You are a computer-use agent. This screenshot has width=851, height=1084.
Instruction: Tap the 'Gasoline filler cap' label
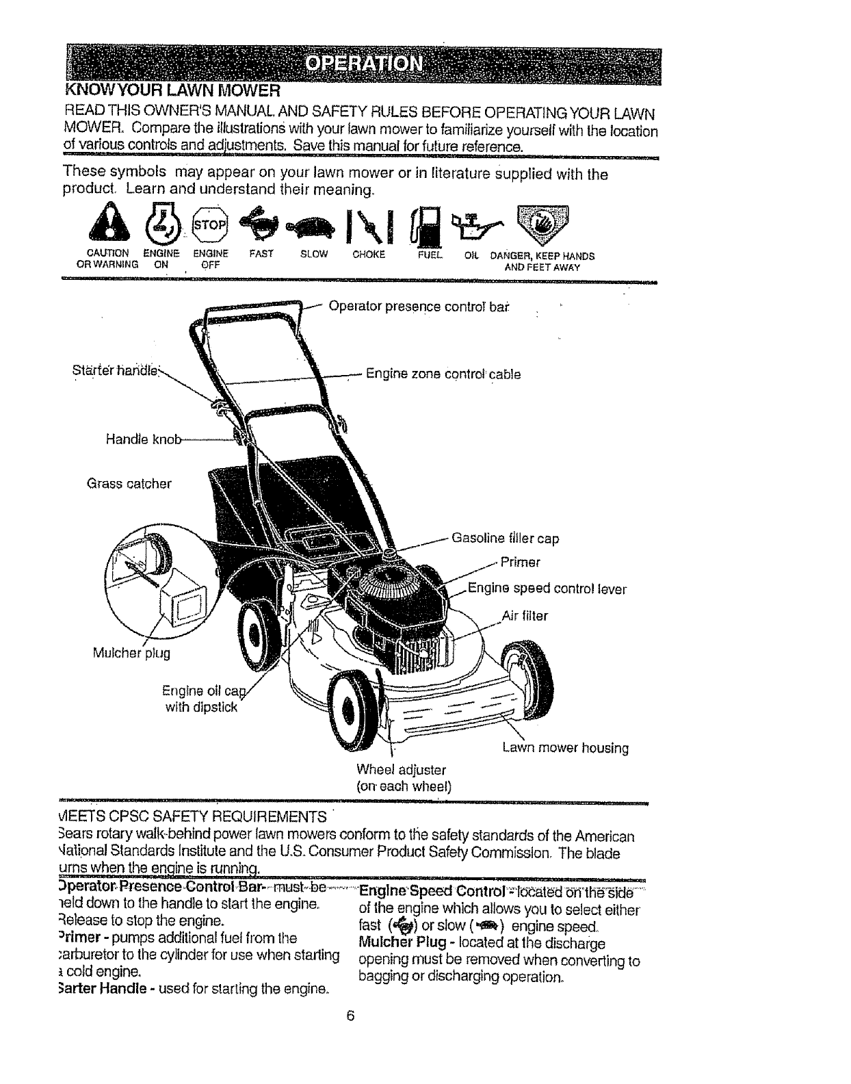point(505,539)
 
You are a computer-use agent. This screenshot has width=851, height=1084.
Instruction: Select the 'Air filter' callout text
point(525,616)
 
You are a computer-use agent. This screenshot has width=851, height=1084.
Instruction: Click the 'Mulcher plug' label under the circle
point(131,653)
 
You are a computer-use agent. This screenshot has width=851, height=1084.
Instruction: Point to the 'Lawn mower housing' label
point(565,748)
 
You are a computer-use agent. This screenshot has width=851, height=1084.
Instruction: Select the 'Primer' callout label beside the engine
point(520,563)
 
